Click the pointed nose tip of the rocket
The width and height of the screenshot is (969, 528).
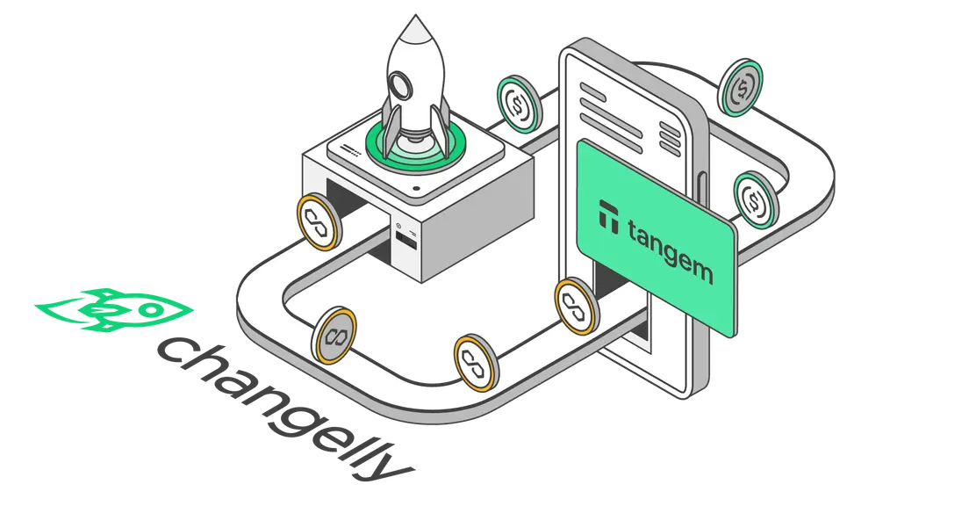[415, 16]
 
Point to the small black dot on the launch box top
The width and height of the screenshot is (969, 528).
[417, 189]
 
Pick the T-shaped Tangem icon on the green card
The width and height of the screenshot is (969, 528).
[609, 216]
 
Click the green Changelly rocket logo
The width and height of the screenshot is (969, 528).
[114, 310]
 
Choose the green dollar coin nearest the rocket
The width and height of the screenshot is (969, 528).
[520, 104]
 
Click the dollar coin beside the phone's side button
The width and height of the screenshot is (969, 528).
[756, 199]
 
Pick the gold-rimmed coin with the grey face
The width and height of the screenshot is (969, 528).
[334, 335]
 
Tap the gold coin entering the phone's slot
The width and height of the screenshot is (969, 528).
[576, 306]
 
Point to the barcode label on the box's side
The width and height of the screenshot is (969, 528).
[406, 241]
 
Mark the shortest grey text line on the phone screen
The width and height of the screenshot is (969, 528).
[593, 93]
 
